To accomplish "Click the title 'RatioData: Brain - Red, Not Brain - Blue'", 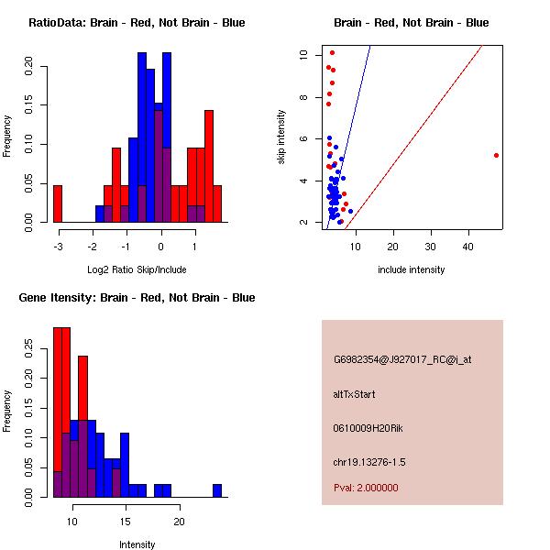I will tap(137, 22).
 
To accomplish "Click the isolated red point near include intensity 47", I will tap(496, 155).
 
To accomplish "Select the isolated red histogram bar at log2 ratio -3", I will tap(58, 203).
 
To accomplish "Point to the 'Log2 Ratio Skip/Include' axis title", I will tap(137, 269).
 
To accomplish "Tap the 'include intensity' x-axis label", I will tap(411, 269).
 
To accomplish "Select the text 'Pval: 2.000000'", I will tap(366, 488).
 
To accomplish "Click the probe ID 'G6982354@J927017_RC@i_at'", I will tap(402, 360).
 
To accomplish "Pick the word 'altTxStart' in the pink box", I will tap(354, 394).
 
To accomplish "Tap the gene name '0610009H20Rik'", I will tap(364, 428).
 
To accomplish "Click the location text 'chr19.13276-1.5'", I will tap(368, 461).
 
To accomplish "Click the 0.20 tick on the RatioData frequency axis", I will tap(30, 66).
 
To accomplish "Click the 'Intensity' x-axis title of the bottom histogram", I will tap(137, 544).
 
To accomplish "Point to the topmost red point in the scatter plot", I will tap(332, 52).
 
